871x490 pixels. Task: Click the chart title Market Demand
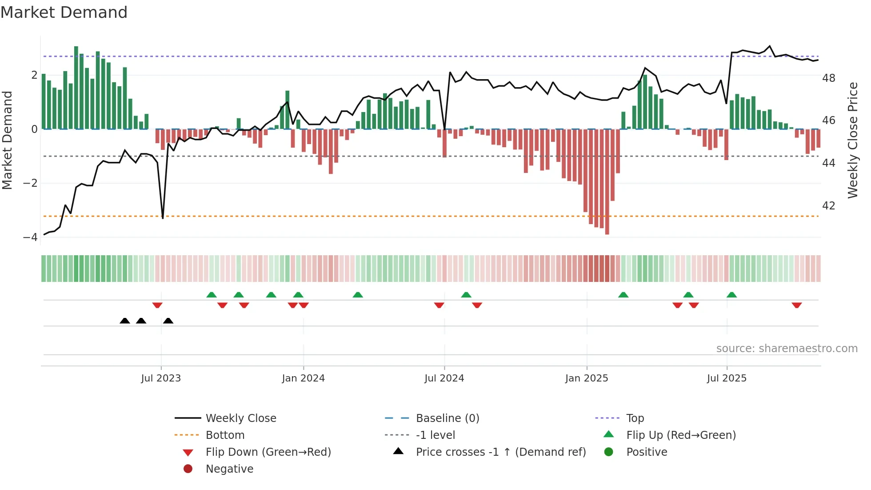click(64, 12)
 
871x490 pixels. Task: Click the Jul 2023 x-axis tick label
click(161, 378)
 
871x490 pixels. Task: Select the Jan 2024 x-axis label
click(303, 378)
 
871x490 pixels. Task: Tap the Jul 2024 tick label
click(444, 378)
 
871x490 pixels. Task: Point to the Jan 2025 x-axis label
click(587, 378)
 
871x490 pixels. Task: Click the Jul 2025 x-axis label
click(727, 378)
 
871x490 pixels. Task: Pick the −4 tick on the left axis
click(31, 237)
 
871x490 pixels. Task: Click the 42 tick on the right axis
click(828, 206)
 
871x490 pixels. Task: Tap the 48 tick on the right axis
click(828, 78)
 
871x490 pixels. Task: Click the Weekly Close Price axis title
click(852, 140)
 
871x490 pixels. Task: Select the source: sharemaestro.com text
click(787, 349)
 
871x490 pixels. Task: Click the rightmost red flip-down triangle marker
click(796, 305)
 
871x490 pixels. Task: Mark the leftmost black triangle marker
click(125, 321)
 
